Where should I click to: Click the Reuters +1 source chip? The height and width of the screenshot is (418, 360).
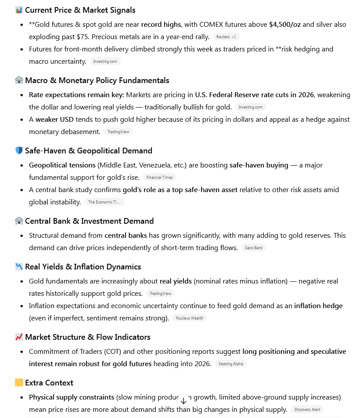click(226, 37)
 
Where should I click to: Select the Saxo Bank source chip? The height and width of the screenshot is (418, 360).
click(254, 248)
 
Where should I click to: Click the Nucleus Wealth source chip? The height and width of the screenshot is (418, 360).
click(190, 318)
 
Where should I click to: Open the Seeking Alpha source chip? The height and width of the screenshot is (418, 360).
click(231, 364)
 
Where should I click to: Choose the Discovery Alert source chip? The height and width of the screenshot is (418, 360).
click(307, 410)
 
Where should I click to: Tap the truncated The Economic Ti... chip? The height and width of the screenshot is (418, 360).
click(104, 202)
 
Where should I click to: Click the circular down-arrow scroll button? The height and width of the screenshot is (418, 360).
click(184, 401)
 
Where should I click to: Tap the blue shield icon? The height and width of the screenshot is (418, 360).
click(19, 151)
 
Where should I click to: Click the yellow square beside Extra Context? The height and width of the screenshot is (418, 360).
click(19, 383)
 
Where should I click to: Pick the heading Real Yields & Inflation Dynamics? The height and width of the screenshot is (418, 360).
click(83, 267)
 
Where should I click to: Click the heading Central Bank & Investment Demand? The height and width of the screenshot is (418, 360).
click(89, 221)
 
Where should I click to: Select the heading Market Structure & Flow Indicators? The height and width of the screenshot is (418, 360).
click(87, 337)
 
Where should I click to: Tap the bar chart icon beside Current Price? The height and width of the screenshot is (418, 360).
click(19, 10)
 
